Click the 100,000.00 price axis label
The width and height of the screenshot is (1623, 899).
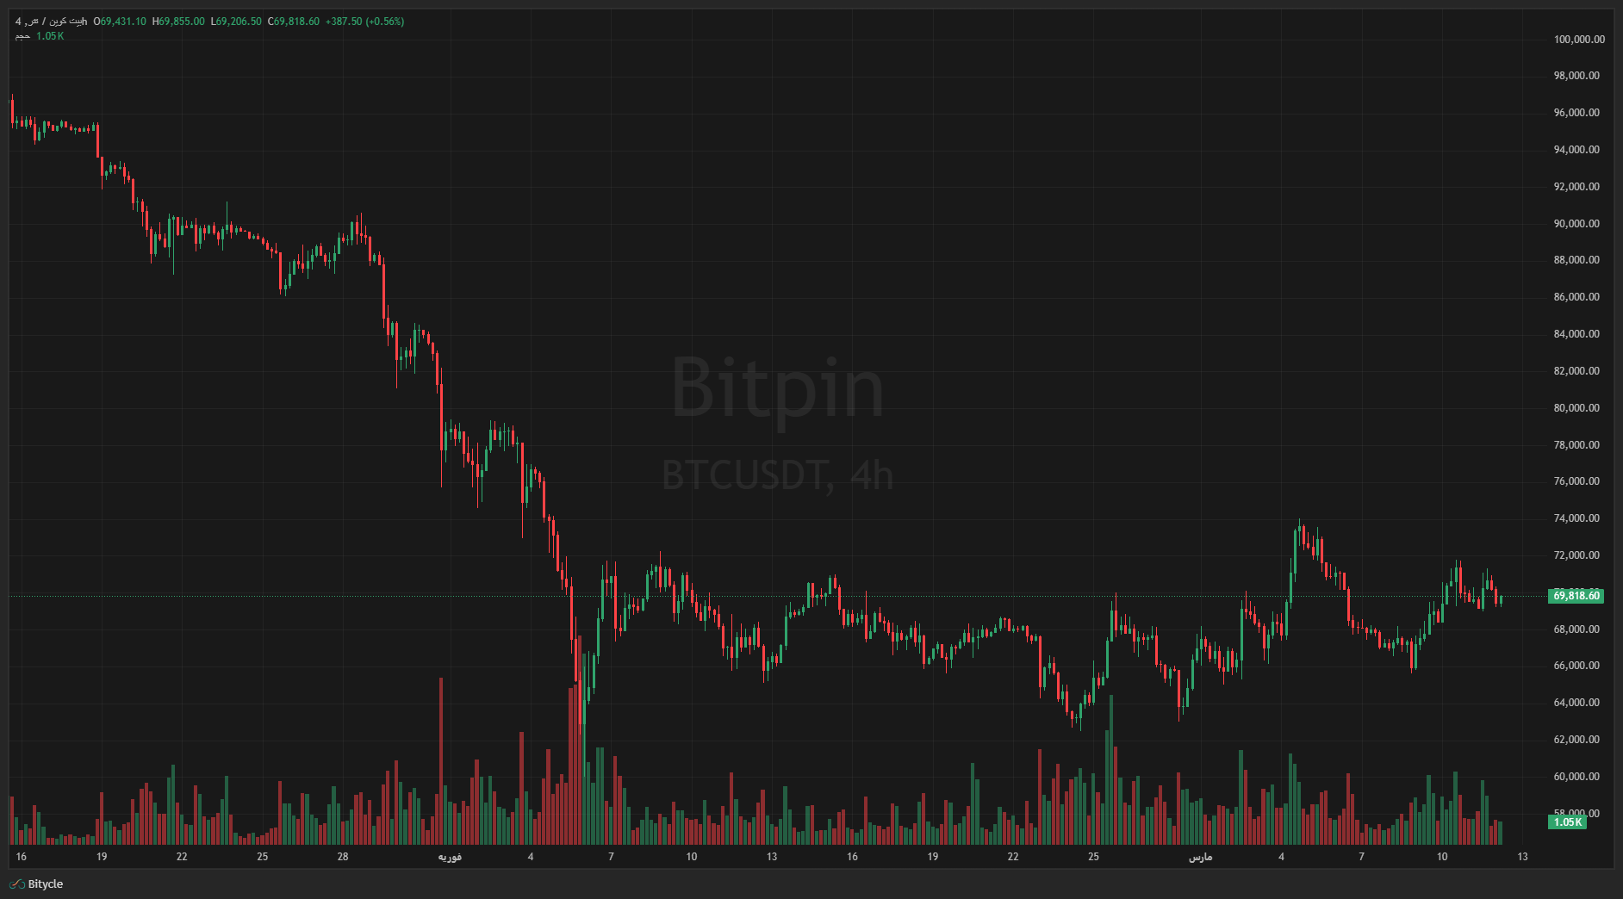tap(1578, 39)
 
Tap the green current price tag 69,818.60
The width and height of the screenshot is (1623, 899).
tap(1576, 596)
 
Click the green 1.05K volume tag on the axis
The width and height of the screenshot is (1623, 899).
tap(1567, 822)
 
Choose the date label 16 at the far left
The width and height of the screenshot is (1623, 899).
tap(22, 857)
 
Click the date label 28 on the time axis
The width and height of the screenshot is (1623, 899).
tap(343, 857)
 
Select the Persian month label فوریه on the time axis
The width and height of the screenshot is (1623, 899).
tap(450, 857)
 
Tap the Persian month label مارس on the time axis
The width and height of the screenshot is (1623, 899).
tap(1200, 857)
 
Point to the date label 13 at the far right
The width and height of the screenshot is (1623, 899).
tap(1522, 857)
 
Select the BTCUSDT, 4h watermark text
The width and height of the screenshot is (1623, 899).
tap(777, 475)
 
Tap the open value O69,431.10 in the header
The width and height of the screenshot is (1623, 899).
tap(120, 22)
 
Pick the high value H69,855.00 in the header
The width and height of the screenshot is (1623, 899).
tap(178, 22)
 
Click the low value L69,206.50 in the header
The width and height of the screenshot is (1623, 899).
tap(236, 22)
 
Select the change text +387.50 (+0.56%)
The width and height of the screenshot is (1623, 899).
tap(364, 22)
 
